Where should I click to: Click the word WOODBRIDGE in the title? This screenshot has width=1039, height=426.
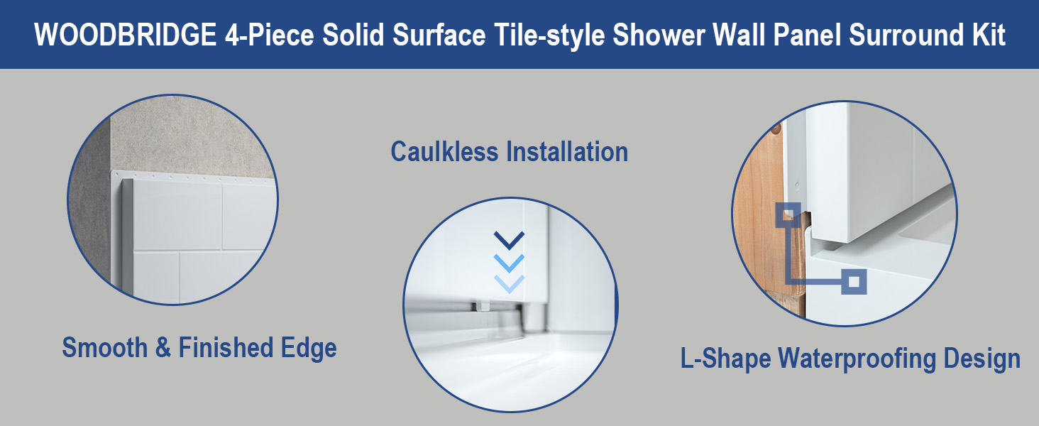click(x=125, y=34)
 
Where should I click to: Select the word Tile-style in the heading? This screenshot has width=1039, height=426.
click(x=549, y=35)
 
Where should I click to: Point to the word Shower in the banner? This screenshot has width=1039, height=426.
click(x=659, y=34)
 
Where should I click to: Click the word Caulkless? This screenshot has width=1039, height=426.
click(x=444, y=152)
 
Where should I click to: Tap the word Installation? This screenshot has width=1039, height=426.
click(x=567, y=152)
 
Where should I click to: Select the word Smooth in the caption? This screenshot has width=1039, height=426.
click(x=105, y=348)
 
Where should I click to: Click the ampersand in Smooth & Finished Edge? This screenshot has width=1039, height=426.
click(x=163, y=348)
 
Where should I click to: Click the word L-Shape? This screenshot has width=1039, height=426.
click(x=725, y=359)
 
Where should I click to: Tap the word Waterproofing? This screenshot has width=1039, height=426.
click(x=856, y=359)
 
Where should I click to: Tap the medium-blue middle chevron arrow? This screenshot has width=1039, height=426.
click(x=510, y=263)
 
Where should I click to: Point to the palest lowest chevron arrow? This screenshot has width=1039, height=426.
click(x=510, y=283)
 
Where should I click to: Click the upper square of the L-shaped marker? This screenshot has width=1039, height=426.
click(x=788, y=215)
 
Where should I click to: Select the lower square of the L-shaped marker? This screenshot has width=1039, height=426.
click(x=854, y=281)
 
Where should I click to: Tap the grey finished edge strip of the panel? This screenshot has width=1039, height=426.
click(x=127, y=236)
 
